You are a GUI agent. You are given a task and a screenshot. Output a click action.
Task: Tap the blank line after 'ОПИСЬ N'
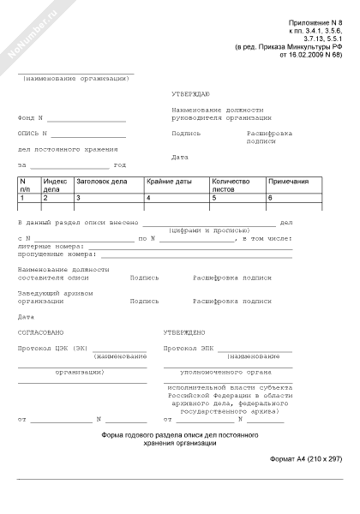(89, 135)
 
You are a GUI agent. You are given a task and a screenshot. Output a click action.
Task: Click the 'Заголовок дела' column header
(101, 182)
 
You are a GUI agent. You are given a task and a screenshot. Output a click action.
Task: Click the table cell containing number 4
(176, 198)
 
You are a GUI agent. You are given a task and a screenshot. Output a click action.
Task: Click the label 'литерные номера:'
(47, 246)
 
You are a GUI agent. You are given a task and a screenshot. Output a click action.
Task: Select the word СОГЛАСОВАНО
(40, 332)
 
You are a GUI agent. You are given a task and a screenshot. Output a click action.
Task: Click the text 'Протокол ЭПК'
(187, 348)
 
